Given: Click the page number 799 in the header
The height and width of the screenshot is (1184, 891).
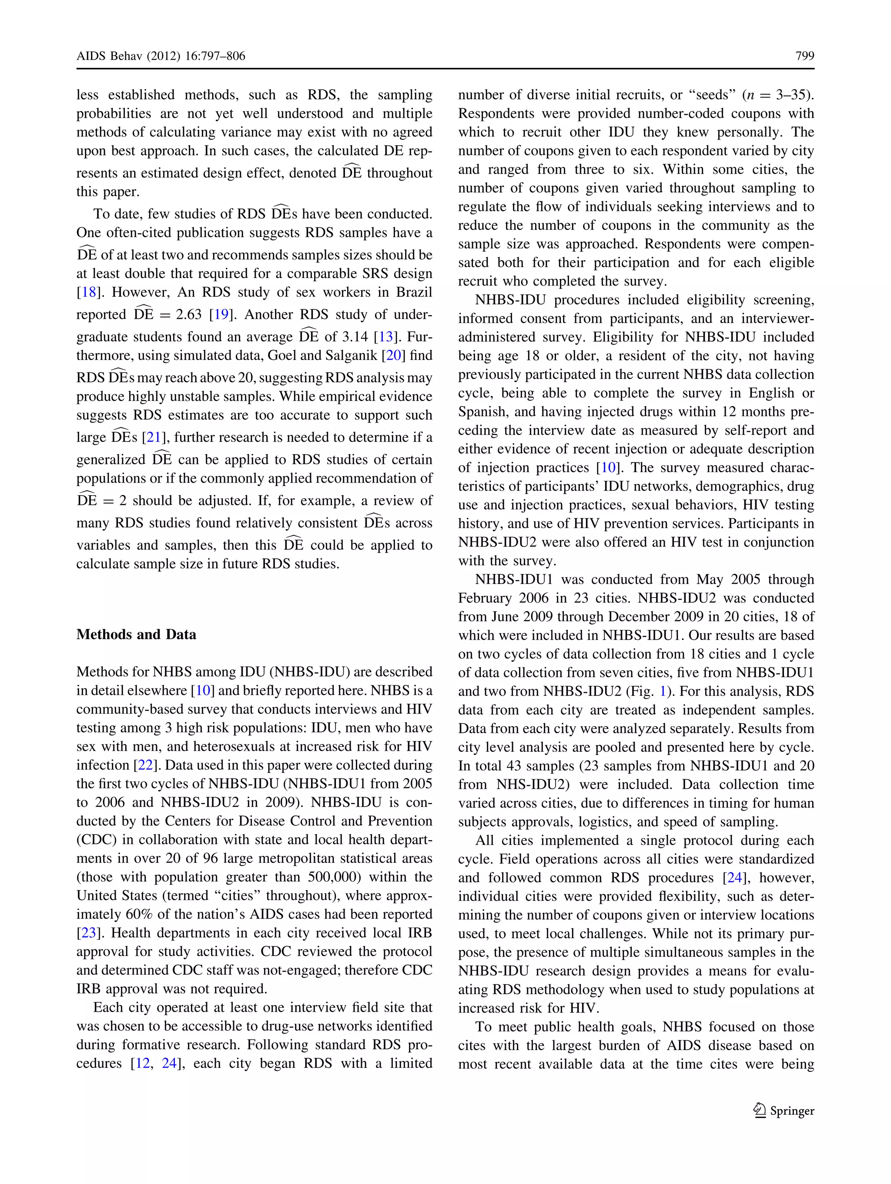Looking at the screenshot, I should (x=804, y=56).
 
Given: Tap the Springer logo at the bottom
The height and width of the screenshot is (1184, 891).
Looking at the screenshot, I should (x=784, y=1110).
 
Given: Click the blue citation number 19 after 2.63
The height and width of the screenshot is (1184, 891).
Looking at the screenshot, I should (x=221, y=314).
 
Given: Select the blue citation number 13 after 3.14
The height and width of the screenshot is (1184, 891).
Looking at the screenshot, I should (x=386, y=337).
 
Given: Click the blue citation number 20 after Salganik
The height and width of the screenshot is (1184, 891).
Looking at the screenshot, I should (x=393, y=356).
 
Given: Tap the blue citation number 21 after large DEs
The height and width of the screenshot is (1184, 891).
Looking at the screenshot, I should (x=154, y=437).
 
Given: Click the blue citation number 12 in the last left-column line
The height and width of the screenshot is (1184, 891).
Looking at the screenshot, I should (x=142, y=1063).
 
